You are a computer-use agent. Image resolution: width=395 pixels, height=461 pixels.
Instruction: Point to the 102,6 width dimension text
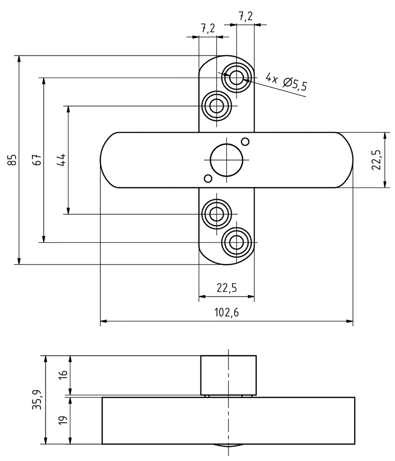pyautogui.click(x=227, y=313)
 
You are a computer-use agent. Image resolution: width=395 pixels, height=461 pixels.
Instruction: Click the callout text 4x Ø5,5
pyautogui.click(x=286, y=82)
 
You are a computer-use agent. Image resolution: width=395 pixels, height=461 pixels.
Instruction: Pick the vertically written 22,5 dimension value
pyautogui.click(x=377, y=160)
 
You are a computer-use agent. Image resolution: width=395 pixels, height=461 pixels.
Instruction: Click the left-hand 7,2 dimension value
pyautogui.click(x=207, y=28)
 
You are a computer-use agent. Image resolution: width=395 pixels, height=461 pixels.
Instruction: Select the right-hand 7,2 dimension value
pyautogui.click(x=245, y=16)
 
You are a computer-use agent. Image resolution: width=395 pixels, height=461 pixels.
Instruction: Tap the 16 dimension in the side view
pyautogui.click(x=63, y=375)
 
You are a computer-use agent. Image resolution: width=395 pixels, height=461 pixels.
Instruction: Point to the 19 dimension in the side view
pyautogui.click(x=63, y=420)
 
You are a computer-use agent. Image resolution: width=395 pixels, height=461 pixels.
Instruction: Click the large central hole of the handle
pyautogui.click(x=227, y=159)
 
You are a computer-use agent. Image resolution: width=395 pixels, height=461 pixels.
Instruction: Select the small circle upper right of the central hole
pyautogui.click(x=245, y=141)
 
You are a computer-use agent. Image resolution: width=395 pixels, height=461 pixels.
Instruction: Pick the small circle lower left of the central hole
pyautogui.click(x=208, y=178)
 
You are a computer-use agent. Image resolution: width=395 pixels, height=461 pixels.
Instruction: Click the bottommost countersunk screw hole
pyautogui.click(x=236, y=243)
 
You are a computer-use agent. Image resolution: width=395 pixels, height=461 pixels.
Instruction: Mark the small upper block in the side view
pyautogui.click(x=228, y=375)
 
